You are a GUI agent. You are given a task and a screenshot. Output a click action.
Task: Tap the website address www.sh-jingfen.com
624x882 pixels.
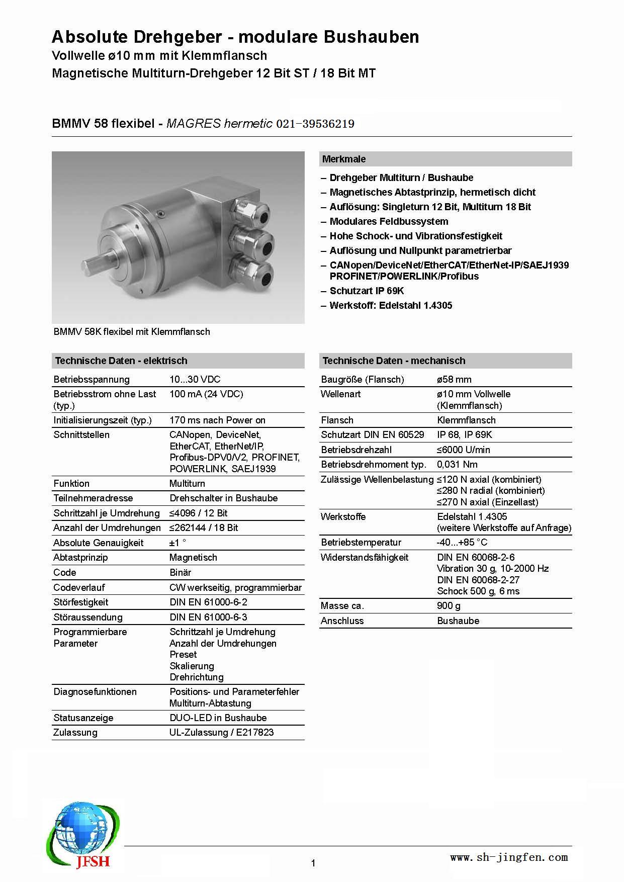[x=508, y=857]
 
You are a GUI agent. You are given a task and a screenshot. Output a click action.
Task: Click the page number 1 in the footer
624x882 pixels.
[x=313, y=863]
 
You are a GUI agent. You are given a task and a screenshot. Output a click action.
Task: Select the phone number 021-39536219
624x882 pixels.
[x=315, y=124]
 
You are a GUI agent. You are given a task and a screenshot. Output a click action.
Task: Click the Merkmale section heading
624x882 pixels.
[x=344, y=159]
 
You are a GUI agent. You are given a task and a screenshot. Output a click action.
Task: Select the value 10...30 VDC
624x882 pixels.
[x=195, y=380]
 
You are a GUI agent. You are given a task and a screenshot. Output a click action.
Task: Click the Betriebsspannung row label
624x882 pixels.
[x=92, y=380]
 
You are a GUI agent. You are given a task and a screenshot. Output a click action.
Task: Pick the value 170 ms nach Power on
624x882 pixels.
[x=217, y=420]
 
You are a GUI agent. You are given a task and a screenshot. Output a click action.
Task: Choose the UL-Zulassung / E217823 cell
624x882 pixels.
[x=222, y=733]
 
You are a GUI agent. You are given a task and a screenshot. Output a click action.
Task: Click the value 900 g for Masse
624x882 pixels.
[x=449, y=606]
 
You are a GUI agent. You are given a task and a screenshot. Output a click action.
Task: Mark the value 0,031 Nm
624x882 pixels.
[x=457, y=465]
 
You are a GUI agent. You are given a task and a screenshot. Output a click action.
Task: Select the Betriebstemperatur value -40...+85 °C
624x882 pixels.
[x=462, y=543]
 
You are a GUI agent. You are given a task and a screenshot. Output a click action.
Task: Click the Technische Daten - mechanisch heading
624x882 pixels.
[x=394, y=361]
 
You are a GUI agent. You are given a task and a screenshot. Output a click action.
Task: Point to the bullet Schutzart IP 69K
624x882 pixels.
[x=367, y=291]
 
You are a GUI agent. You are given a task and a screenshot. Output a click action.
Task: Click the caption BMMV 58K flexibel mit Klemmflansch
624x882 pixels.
[x=132, y=332]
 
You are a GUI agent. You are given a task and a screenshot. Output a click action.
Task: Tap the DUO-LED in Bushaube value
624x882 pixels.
[x=218, y=718]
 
